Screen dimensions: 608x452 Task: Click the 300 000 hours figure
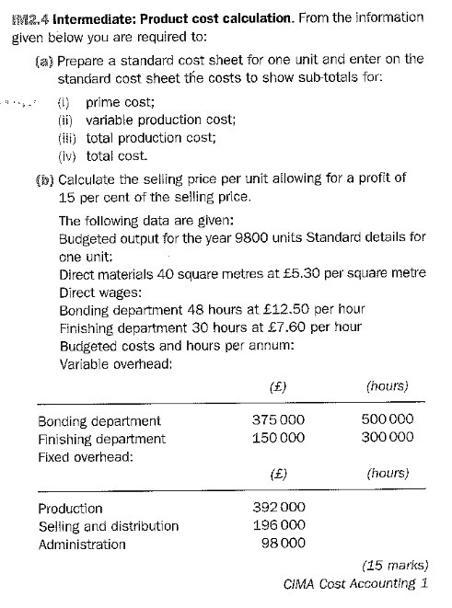click(x=386, y=439)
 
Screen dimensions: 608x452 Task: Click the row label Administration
click(x=82, y=545)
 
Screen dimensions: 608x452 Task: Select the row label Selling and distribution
click(x=108, y=527)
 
